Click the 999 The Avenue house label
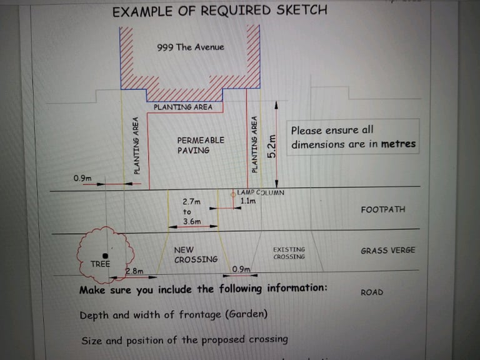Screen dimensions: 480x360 191,47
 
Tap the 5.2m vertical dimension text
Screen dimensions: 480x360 272,146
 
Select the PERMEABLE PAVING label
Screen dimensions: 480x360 201,145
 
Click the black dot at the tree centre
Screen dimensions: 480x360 105,256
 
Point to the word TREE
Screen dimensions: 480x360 100,264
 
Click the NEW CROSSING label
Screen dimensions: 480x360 196,255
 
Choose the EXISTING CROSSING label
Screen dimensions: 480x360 289,253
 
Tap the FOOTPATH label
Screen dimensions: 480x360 383,209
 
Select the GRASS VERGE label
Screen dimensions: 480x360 388,251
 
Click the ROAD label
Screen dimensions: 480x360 372,292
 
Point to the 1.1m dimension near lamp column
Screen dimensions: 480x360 248,201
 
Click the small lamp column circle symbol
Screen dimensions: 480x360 233,194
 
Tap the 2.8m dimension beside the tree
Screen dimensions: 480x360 134,271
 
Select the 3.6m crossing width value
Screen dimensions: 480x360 192,221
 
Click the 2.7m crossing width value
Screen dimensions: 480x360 192,202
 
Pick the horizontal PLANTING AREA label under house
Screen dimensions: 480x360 182,107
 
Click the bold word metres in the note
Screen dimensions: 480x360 398,144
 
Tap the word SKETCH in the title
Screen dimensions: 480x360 302,10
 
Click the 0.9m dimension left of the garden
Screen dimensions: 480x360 82,178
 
